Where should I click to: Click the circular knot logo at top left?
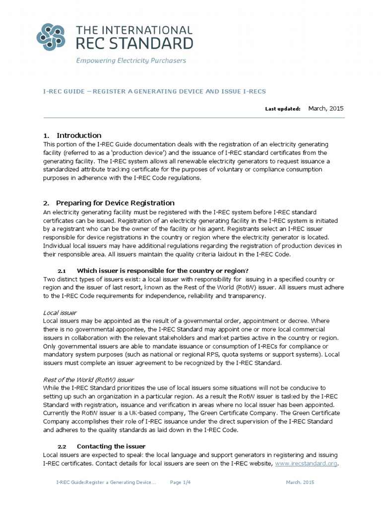[53, 37]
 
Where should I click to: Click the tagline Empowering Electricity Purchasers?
[130, 61]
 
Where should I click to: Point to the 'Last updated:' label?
[283, 108]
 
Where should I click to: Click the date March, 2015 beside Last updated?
[326, 108]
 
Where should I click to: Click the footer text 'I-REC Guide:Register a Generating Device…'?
[106, 482]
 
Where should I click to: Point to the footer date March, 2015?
[300, 482]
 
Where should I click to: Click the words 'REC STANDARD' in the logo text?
[133, 44]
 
